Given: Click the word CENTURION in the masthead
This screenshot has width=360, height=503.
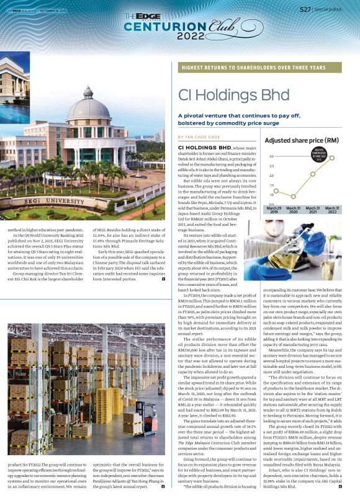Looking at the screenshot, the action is coord(156,26).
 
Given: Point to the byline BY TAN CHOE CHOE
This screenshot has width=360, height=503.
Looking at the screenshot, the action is coord(199,136).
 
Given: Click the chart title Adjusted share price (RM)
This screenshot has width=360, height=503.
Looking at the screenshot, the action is coord(302,141).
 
